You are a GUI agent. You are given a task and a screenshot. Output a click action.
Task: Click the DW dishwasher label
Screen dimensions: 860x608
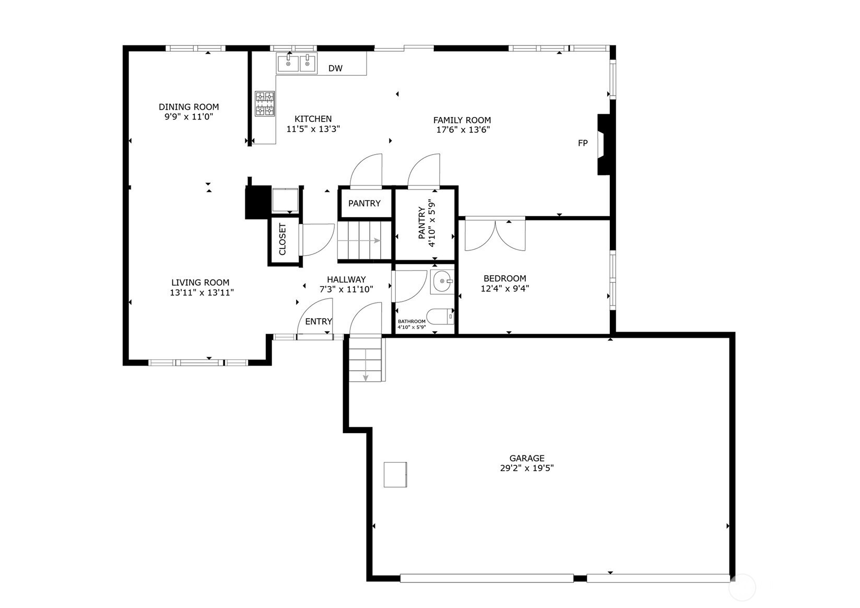(x=335, y=68)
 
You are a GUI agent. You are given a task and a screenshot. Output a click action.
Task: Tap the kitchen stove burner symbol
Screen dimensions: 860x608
(x=265, y=104)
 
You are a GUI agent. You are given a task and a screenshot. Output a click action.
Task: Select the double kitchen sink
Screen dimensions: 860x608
(x=297, y=63)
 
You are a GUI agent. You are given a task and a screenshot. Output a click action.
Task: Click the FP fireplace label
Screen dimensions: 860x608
(x=582, y=143)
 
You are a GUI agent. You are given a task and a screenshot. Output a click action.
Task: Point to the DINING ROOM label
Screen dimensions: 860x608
(x=189, y=107)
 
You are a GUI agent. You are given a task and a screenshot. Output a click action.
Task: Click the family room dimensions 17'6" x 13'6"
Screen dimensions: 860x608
(x=463, y=130)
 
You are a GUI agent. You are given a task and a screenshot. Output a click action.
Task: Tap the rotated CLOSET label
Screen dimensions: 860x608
(x=282, y=239)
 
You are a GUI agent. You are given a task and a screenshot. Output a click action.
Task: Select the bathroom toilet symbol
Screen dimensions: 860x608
(x=440, y=317)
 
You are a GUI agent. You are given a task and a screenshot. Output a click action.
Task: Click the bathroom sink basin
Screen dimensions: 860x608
(x=442, y=282)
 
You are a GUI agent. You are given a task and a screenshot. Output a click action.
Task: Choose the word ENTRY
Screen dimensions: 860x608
(x=319, y=321)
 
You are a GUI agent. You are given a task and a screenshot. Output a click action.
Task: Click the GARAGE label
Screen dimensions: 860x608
(x=527, y=458)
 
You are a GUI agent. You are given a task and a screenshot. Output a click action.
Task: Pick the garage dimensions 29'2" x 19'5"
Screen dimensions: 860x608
(x=527, y=468)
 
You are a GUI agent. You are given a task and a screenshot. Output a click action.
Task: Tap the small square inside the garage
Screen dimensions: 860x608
(x=395, y=475)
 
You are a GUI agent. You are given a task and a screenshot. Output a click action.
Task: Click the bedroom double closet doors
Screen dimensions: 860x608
(x=495, y=235)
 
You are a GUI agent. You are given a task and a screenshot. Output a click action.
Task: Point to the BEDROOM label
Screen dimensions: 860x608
(x=505, y=278)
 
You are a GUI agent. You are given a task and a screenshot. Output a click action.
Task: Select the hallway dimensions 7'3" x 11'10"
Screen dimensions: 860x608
(x=346, y=289)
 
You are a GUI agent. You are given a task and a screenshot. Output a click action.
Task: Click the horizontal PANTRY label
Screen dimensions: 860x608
(x=364, y=203)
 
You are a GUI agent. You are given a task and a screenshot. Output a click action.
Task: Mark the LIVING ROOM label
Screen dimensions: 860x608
(x=201, y=283)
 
